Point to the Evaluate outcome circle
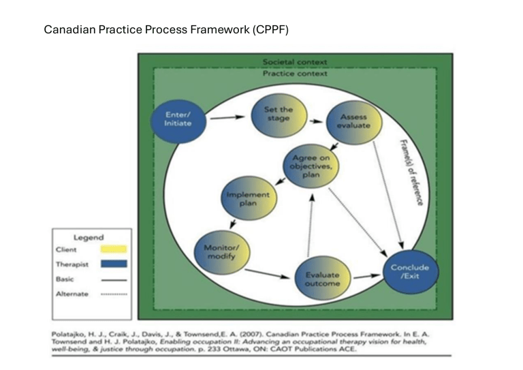coord(317,279)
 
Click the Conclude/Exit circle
coord(410,272)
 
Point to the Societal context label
coord(295,63)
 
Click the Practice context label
coord(295,74)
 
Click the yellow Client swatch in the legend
coord(114,249)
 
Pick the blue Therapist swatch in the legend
coord(114,264)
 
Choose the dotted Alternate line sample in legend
coord(114,294)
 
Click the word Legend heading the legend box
coord(89,237)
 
